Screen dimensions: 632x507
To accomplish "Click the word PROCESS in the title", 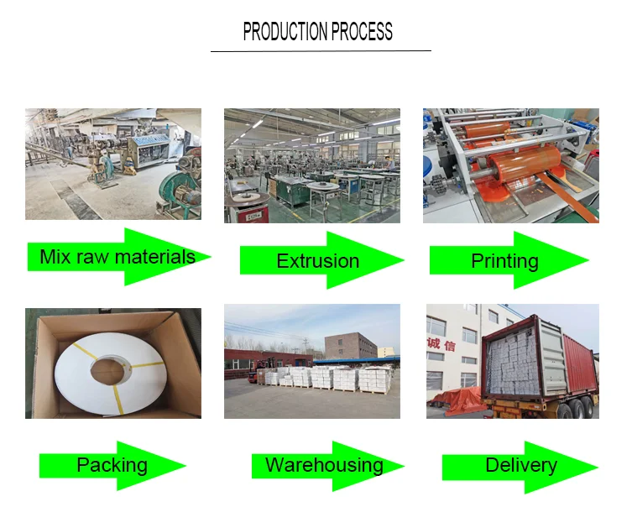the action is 361,33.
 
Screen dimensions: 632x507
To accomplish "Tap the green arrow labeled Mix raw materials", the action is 118,256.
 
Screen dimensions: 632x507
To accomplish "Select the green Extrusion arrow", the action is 319,261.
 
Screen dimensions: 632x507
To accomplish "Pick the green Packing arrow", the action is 112,465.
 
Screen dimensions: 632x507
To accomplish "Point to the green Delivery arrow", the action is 520,465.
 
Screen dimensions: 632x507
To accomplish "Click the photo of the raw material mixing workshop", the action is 112,165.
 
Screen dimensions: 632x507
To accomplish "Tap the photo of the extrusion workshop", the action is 311,165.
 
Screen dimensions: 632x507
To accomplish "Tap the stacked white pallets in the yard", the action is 327,377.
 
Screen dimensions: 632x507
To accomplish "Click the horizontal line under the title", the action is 320,51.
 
